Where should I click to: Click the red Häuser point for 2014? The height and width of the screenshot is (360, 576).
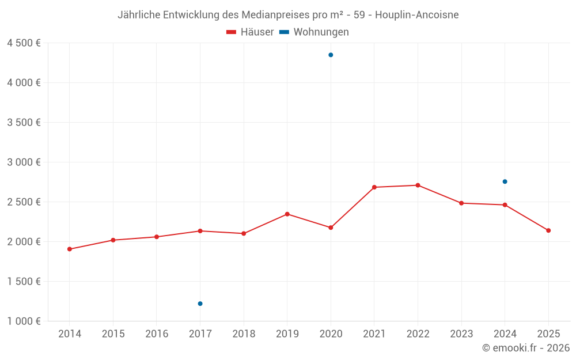[x=69, y=249]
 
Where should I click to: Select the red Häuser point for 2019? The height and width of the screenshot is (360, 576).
[x=287, y=214]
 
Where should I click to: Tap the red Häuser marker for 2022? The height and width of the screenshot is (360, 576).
[x=418, y=185]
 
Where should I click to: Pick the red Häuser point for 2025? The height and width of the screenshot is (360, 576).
[x=548, y=230]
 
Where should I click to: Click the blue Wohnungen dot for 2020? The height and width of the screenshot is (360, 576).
[x=331, y=55]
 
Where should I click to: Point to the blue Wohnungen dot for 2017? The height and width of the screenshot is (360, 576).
[x=200, y=304]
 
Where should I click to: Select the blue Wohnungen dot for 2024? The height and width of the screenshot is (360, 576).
[x=505, y=181]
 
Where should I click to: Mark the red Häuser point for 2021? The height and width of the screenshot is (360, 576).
[x=374, y=187]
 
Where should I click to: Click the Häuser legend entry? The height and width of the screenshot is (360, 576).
[x=250, y=32]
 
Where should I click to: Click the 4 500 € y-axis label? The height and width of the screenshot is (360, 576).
[x=24, y=43]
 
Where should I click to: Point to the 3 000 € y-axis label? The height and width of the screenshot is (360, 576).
[x=24, y=162]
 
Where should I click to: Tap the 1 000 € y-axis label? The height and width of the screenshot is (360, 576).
[x=24, y=321]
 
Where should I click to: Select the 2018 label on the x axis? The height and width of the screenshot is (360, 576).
[x=244, y=334]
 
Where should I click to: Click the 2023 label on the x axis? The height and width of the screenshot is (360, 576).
[x=461, y=334]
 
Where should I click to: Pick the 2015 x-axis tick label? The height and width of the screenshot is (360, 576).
[x=113, y=334]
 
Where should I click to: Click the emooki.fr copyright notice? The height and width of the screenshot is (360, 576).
[x=525, y=348]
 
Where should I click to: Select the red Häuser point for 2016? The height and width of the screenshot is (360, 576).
[x=157, y=237]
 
